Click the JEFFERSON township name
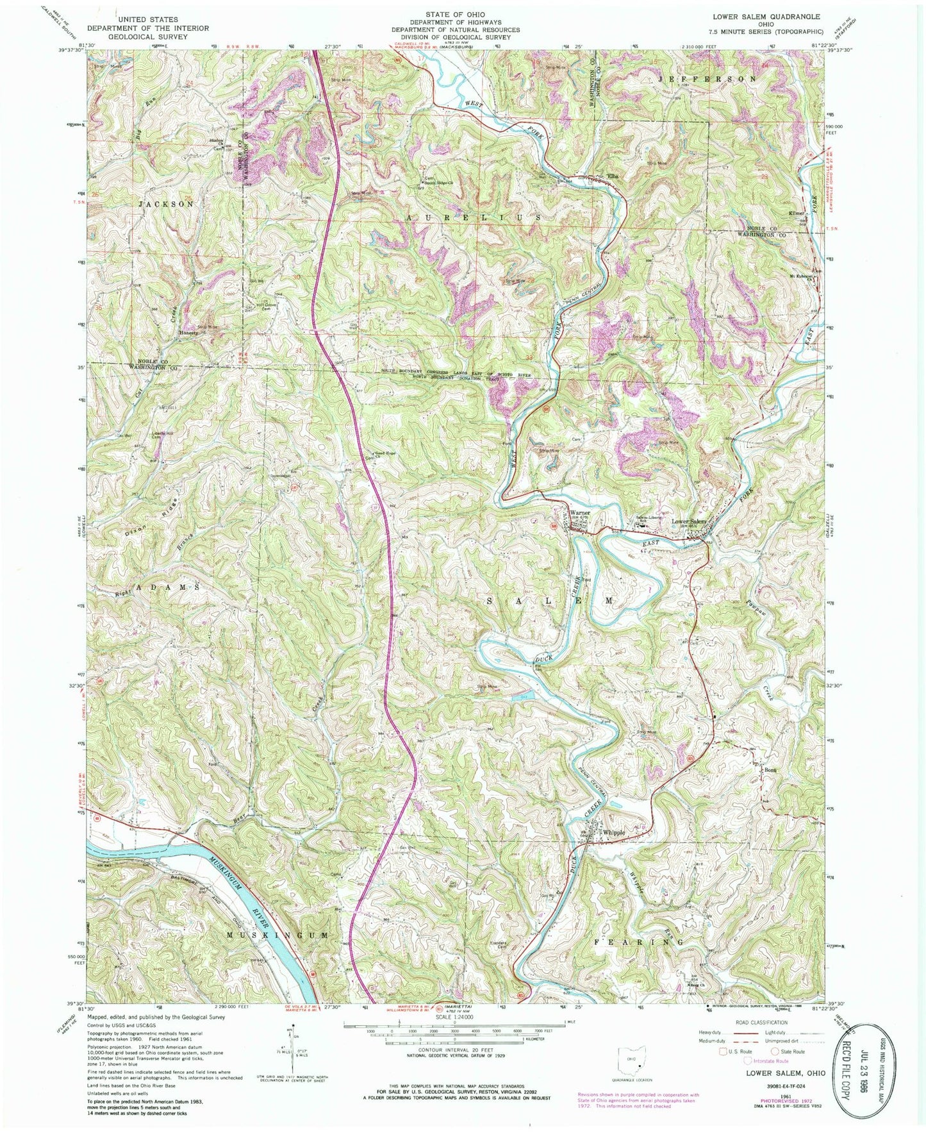(x=711, y=79)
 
